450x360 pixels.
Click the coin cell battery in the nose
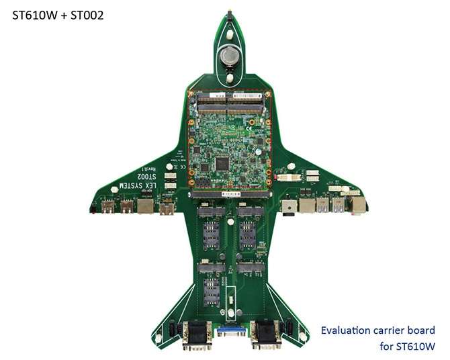228,55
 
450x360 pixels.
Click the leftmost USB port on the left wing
107,205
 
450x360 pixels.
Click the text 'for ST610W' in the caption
407,347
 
